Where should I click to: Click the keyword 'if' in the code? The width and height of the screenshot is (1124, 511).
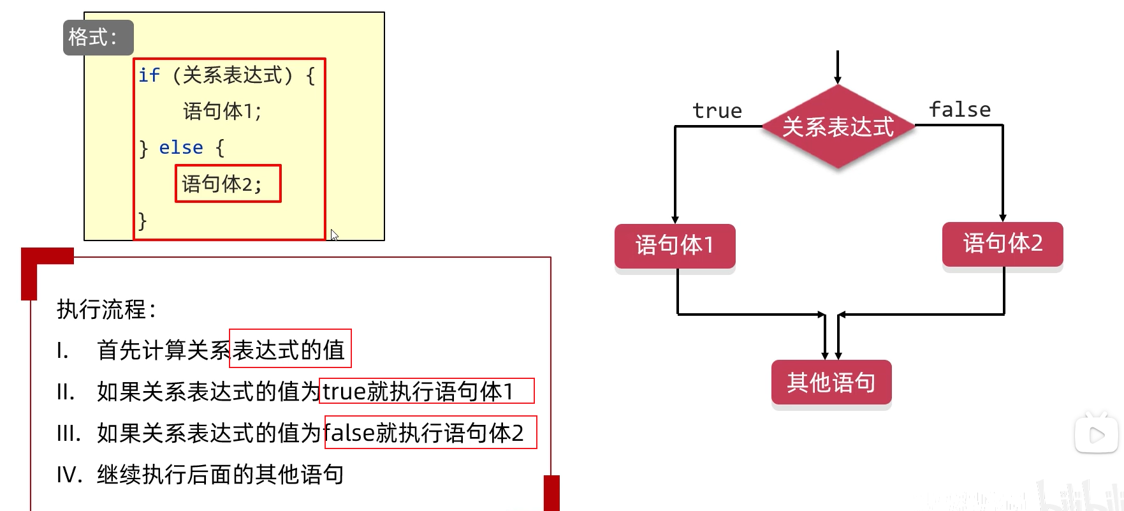(x=149, y=75)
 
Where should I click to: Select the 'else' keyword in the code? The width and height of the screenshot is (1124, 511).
(x=181, y=148)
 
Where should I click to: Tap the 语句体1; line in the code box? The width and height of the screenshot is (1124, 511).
(x=222, y=112)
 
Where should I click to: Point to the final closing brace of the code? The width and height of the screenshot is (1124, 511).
(x=143, y=221)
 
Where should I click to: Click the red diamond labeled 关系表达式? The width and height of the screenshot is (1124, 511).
(x=838, y=127)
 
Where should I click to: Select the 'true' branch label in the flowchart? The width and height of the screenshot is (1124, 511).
(x=717, y=111)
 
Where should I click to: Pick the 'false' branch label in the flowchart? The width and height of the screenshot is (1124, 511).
(x=960, y=110)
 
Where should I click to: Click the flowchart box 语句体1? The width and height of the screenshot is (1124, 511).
(x=675, y=246)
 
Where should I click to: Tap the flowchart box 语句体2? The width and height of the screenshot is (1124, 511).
(x=1002, y=244)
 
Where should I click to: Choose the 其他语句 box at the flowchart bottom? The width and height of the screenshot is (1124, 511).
(x=831, y=383)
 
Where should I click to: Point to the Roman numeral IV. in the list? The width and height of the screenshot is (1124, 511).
(x=69, y=475)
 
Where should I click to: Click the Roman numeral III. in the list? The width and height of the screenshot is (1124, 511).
(x=68, y=433)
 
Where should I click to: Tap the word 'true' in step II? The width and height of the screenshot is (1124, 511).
(x=344, y=392)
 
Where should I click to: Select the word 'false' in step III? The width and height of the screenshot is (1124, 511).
(x=349, y=433)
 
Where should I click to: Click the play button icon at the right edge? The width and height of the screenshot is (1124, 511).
(x=1097, y=435)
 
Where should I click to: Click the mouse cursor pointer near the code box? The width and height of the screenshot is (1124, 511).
(x=333, y=234)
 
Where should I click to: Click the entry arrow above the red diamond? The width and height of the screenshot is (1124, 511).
(x=838, y=68)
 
